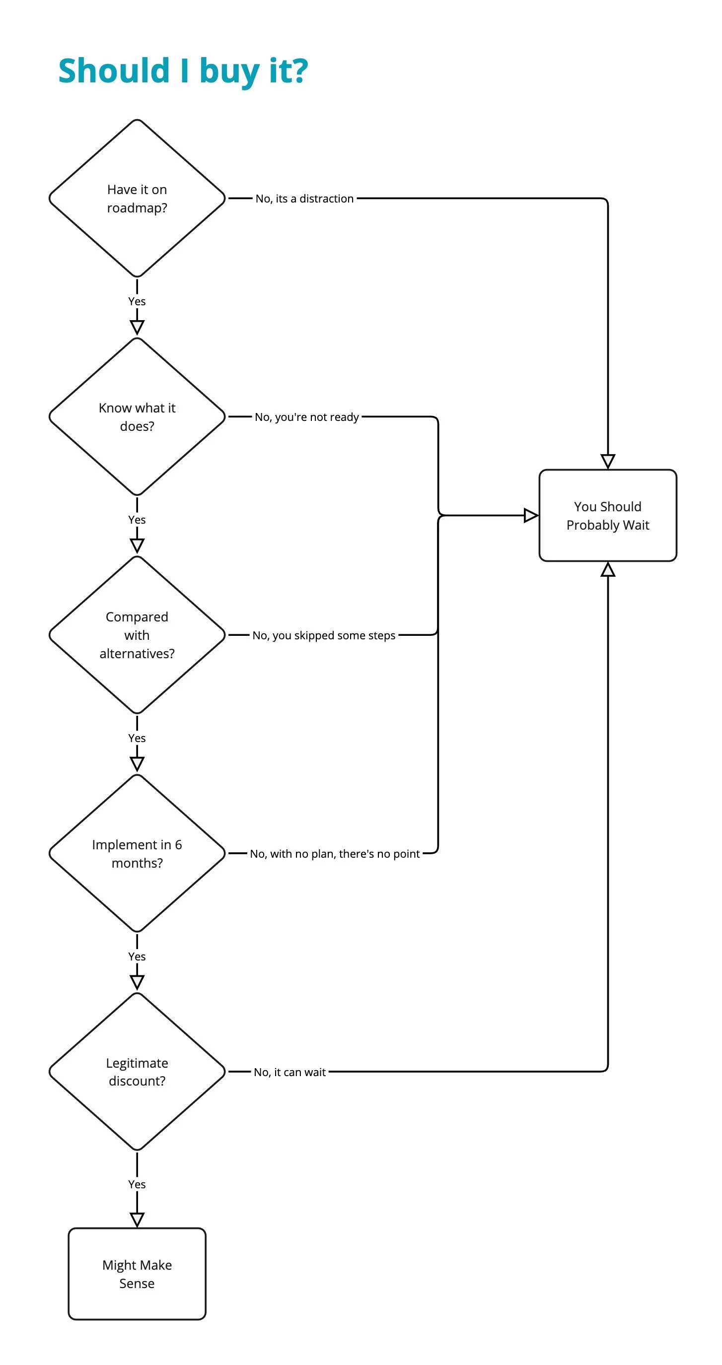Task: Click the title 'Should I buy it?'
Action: pyautogui.click(x=183, y=70)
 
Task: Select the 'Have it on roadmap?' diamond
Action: pyautogui.click(x=137, y=198)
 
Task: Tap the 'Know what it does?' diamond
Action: pyautogui.click(x=137, y=416)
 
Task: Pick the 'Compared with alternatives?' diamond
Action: pyautogui.click(x=137, y=635)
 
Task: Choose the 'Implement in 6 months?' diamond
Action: pyautogui.click(x=137, y=853)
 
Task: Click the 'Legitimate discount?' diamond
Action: pyautogui.click(x=137, y=1072)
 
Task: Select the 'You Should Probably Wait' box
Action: pyautogui.click(x=607, y=515)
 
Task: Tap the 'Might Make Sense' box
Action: pyautogui.click(x=137, y=1274)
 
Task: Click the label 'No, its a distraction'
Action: pyautogui.click(x=304, y=199)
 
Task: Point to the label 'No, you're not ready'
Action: pyautogui.click(x=306, y=417)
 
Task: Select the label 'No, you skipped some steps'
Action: pyautogui.click(x=323, y=635)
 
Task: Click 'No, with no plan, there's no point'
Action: pyautogui.click(x=335, y=854)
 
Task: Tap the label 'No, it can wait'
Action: pyautogui.click(x=289, y=1072)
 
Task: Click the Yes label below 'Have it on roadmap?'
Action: pyautogui.click(x=137, y=301)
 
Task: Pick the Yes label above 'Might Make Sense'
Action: pyautogui.click(x=137, y=1184)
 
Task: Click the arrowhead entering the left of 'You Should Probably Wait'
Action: pyautogui.click(x=531, y=515)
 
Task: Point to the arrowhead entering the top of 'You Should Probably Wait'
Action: pyautogui.click(x=607, y=461)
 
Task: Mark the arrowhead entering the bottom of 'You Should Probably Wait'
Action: pyautogui.click(x=607, y=570)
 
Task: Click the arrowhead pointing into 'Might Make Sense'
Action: pyautogui.click(x=137, y=1220)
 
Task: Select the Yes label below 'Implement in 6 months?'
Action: pyautogui.click(x=137, y=956)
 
